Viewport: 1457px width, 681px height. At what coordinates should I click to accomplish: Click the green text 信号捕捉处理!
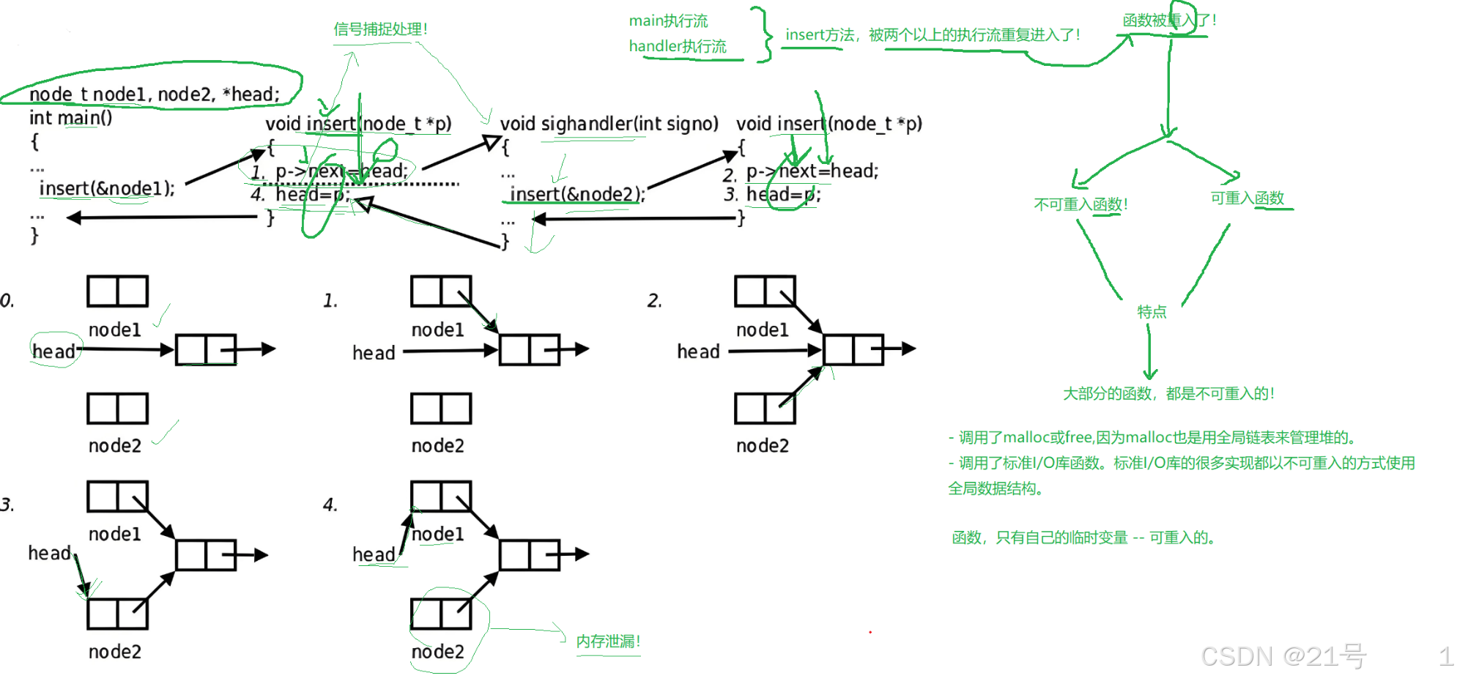(380, 29)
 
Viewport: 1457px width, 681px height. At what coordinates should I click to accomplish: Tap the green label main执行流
(668, 21)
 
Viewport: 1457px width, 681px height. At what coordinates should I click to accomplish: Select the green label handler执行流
(678, 47)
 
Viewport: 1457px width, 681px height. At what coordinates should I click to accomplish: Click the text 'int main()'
(70, 118)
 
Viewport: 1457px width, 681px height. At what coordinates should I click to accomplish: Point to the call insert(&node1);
(107, 188)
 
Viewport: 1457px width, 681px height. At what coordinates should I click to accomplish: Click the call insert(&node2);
(577, 194)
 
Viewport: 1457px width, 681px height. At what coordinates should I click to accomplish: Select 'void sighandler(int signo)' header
(609, 124)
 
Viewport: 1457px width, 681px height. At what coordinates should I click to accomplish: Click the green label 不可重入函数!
(1080, 204)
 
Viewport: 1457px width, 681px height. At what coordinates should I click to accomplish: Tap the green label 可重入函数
(1247, 198)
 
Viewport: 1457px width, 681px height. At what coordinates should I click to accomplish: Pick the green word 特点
(1152, 312)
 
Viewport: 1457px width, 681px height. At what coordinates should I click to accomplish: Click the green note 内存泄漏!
(608, 641)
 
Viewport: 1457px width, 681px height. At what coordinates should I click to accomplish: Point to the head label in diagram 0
(53, 351)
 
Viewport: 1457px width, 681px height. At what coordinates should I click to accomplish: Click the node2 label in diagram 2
(763, 446)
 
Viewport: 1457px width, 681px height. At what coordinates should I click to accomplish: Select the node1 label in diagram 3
(115, 535)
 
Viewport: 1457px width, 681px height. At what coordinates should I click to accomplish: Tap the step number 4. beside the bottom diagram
(330, 505)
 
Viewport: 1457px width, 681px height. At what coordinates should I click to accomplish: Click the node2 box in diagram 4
(441, 614)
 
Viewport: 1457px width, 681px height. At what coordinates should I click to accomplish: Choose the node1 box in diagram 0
(117, 291)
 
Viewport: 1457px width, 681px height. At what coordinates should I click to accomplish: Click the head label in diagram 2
(698, 351)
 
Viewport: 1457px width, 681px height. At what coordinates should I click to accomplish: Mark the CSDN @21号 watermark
(1283, 656)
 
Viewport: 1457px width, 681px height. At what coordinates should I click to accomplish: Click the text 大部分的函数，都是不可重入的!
(1169, 394)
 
